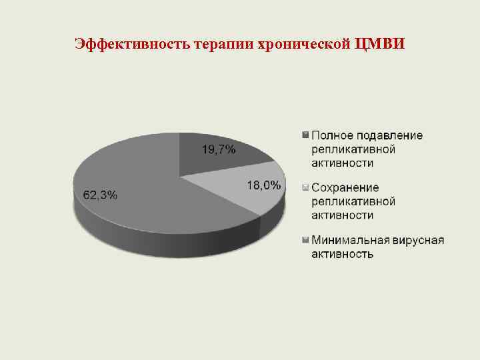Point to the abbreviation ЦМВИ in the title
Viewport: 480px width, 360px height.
380,45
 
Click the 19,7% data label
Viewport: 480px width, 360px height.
219,150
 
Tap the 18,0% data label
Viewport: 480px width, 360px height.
263,186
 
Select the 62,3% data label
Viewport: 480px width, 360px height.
100,195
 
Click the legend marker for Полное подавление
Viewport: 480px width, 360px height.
305,135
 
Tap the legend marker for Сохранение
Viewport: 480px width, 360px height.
305,188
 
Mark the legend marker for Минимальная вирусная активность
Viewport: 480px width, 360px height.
305,240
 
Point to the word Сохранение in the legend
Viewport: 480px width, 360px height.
345,188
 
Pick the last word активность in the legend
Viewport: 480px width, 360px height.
342,254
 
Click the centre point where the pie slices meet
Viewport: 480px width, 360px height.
180,177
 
